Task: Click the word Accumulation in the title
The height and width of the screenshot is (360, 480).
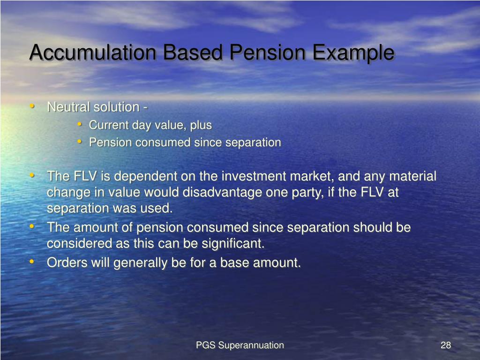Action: coord(92,52)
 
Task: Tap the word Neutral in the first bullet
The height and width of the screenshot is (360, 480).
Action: coord(68,107)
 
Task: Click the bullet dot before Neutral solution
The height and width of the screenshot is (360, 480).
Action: coord(32,106)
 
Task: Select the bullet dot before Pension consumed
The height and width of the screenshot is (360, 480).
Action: coord(80,142)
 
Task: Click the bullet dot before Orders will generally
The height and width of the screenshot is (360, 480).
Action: coord(32,262)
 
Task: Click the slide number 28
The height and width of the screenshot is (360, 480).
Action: coord(445,345)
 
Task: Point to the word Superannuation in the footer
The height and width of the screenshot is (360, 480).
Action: coord(251,345)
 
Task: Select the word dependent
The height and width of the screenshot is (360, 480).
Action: coord(144,176)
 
